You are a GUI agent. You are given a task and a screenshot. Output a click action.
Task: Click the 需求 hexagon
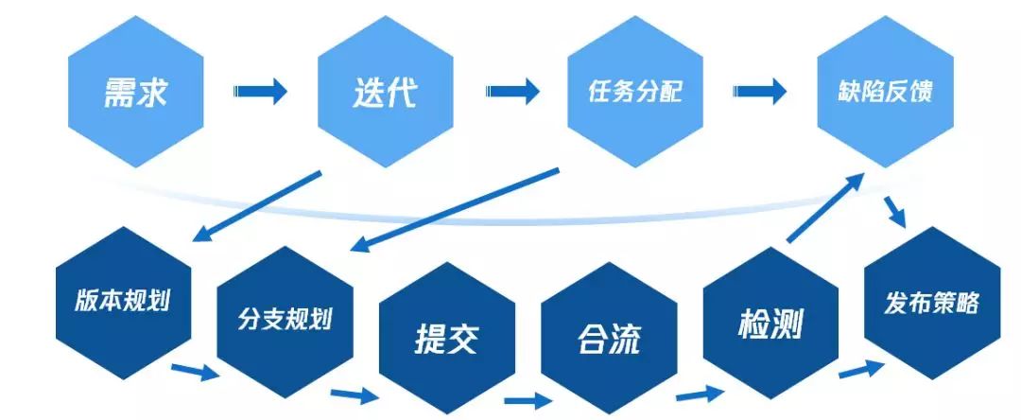[135, 93]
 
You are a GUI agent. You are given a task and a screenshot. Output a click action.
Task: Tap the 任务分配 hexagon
[634, 93]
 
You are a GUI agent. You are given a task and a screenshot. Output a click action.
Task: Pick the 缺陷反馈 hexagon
[885, 93]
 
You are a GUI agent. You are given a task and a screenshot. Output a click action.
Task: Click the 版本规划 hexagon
[123, 301]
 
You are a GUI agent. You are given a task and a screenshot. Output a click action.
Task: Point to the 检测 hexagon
[770, 322]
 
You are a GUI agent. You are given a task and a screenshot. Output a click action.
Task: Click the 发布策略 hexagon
[932, 303]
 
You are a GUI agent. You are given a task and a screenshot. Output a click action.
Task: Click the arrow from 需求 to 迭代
[260, 92]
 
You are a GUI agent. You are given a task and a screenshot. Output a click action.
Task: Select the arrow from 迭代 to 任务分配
[512, 92]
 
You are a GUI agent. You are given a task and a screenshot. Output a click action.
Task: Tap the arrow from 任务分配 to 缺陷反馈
[760, 92]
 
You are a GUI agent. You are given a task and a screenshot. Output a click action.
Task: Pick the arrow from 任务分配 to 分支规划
[454, 210]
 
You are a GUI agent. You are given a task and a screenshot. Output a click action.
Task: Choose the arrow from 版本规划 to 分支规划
[194, 371]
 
